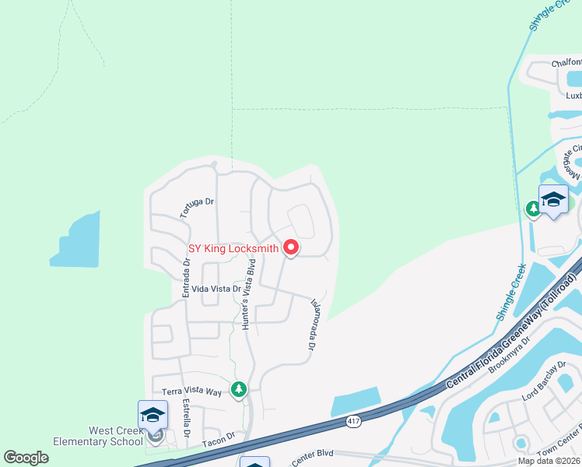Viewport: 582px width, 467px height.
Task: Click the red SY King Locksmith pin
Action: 291,248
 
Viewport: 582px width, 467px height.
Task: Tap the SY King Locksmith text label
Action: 233,249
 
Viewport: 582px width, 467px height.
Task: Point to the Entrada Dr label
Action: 186,278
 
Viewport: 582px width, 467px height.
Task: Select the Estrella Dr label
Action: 186,418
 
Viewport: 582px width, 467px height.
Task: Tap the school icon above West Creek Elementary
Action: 153,415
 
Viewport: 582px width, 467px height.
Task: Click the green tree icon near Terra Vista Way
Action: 240,388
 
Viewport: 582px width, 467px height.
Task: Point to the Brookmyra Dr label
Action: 510,355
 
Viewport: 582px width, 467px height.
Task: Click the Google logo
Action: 26,458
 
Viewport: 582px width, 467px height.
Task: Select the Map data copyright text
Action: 548,461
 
